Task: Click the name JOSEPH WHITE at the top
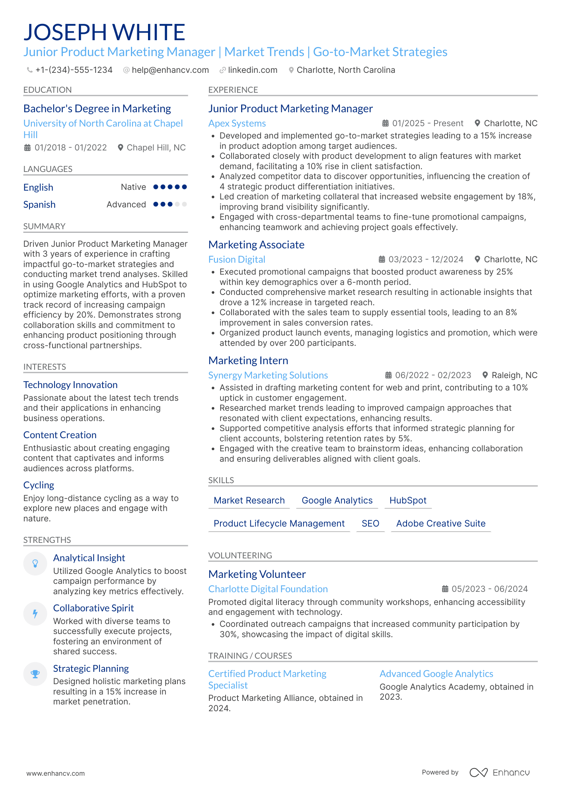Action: coord(104,32)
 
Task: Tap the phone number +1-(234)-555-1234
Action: coord(74,70)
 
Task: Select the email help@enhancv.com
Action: coord(170,70)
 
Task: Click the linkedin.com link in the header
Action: coord(252,70)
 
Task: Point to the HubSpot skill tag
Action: coord(407,500)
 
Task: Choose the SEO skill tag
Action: coord(370,523)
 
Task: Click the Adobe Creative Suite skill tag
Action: coord(440,523)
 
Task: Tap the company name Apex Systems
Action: coord(237,123)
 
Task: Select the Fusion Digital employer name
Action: coord(236,259)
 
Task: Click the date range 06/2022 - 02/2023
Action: coord(432,375)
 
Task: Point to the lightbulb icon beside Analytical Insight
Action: coord(35,563)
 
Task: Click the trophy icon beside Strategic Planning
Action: coord(35,674)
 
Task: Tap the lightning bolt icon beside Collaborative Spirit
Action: coord(35,614)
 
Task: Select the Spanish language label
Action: coord(39,205)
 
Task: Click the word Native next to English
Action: coord(133,187)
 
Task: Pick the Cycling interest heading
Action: coord(39,485)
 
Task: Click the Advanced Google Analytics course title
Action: coord(436,674)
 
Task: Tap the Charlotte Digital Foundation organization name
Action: coord(268,589)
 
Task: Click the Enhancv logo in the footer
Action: coord(499,773)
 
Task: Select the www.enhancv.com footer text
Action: coord(55,773)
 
